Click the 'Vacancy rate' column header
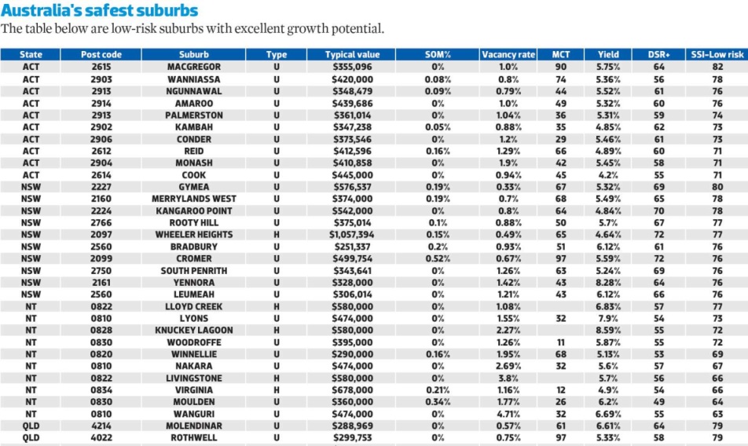pos(508,55)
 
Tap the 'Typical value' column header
pos(352,55)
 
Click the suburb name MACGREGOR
pos(193,68)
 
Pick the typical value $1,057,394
pos(352,235)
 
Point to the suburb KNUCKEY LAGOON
pos(193,331)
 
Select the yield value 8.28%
pos(608,283)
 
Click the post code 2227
pos(101,187)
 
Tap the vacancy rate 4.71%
pos(508,414)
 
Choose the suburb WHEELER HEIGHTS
pos(193,235)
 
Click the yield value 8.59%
pos(608,331)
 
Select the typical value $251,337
pos(352,247)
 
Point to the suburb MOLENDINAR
pos(193,426)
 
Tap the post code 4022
pos(101,438)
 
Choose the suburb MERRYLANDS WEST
pos(193,199)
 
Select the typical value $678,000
pos(352,390)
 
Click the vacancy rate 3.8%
pos(508,378)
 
